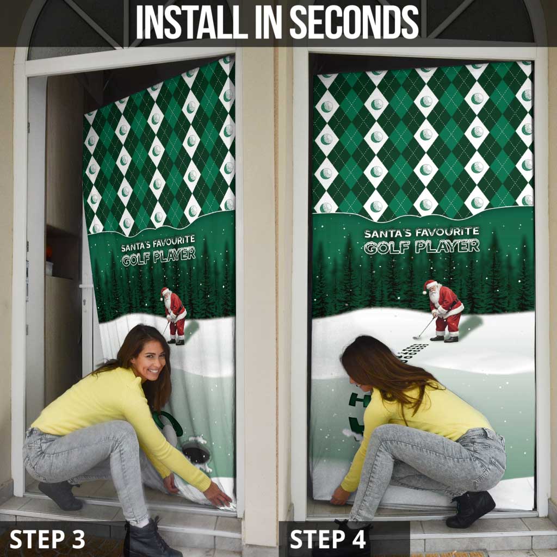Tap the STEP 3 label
[x=47, y=539]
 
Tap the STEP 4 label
[x=328, y=539]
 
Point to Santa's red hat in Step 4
[x=430, y=285]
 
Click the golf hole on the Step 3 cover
[x=195, y=451]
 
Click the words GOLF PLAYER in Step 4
[x=422, y=246]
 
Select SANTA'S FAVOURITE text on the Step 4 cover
[x=422, y=233]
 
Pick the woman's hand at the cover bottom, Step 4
[x=341, y=496]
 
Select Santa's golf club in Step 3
[x=165, y=328]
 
